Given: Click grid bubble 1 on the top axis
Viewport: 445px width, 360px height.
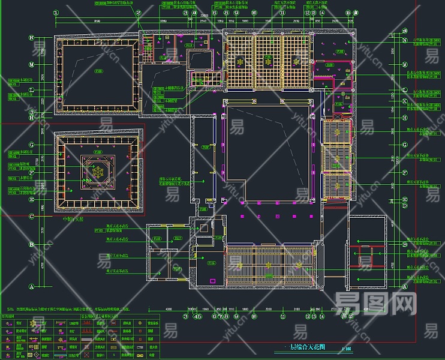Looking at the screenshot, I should click(56, 12).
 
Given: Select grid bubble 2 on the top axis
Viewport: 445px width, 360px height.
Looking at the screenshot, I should click(138, 12).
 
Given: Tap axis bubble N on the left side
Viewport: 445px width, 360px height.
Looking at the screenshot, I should click(31, 38).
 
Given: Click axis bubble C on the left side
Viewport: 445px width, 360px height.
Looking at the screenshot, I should click(31, 216).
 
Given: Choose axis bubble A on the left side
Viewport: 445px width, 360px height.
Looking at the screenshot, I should click(31, 287).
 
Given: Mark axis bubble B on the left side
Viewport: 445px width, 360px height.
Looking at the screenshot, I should click(31, 244).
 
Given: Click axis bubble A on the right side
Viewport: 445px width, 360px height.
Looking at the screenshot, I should click(405, 287).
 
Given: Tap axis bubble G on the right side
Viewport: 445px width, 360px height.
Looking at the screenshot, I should click(405, 145).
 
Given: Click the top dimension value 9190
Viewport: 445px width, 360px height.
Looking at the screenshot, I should click(98, 21).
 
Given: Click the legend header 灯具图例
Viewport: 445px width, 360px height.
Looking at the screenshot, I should click(11, 314).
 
